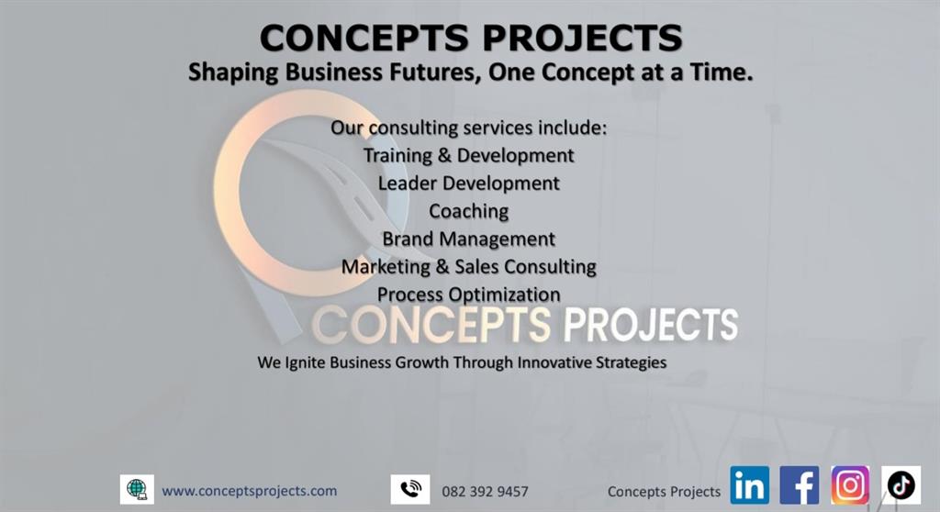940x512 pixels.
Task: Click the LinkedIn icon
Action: point(749,485)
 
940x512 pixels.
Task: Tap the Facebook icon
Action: point(800,485)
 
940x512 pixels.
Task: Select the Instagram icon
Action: point(850,485)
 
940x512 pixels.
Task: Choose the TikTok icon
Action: point(901,485)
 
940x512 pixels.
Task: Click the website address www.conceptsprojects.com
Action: point(250,491)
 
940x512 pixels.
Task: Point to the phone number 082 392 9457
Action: point(485,492)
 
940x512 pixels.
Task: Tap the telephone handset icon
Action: point(410,489)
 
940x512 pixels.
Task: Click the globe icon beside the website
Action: point(137,489)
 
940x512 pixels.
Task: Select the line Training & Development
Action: point(469,155)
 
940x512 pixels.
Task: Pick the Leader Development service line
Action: point(469,183)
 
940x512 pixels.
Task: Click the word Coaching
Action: point(469,211)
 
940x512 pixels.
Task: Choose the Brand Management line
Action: point(469,239)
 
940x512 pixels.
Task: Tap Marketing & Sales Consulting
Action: point(469,267)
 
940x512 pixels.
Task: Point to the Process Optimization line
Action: point(469,295)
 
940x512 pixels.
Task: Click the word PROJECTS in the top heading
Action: point(582,39)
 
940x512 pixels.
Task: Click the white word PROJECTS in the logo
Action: point(651,325)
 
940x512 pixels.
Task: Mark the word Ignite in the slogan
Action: point(306,362)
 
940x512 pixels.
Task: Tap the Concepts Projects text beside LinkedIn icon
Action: point(664,492)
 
